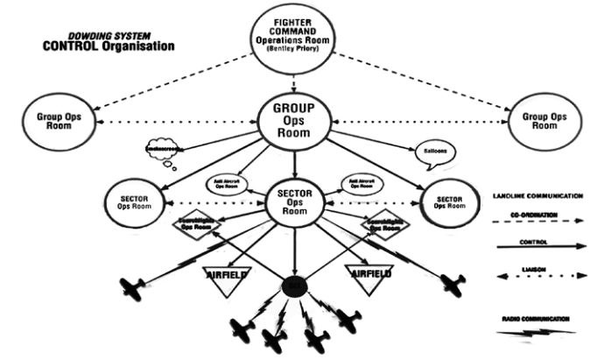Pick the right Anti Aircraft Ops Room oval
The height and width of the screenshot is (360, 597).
click(362, 184)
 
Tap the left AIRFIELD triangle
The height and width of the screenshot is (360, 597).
click(227, 274)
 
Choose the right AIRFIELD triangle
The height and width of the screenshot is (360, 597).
click(367, 274)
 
